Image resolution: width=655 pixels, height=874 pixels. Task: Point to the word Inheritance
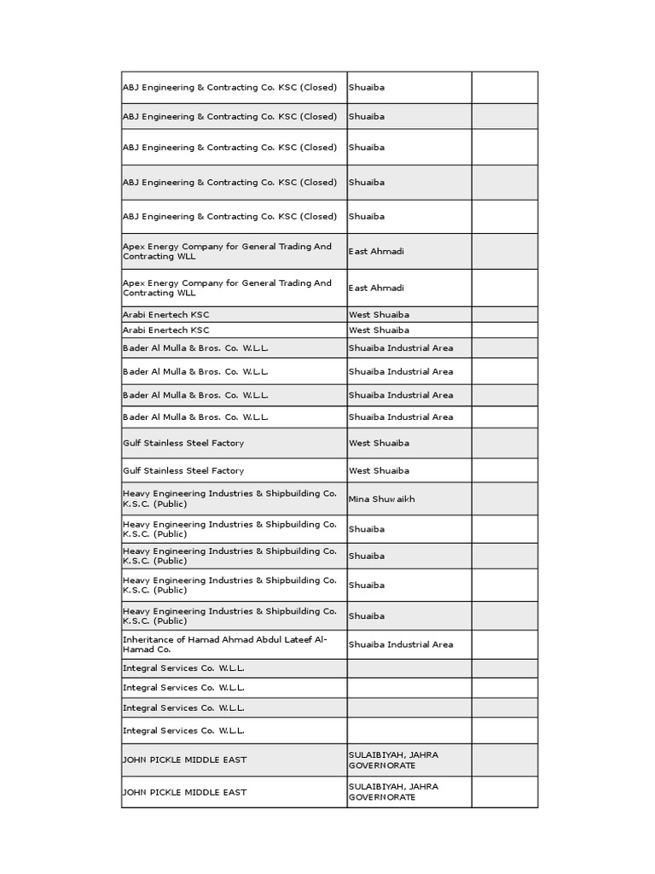pyautogui.click(x=148, y=639)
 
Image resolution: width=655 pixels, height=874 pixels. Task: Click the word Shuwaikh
pyautogui.click(x=393, y=498)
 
